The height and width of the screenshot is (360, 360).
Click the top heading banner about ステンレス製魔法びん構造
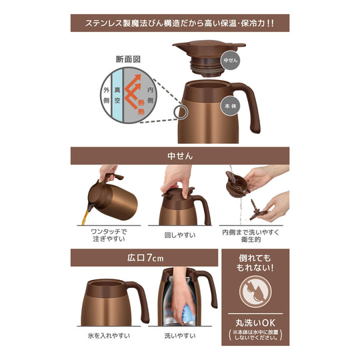pos(180,22)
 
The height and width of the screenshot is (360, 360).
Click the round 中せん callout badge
pos(229,61)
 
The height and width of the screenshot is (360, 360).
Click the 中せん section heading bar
pos(180,156)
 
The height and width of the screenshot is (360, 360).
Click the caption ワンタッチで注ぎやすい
pos(109,234)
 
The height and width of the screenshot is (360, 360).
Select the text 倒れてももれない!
pos(255,263)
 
